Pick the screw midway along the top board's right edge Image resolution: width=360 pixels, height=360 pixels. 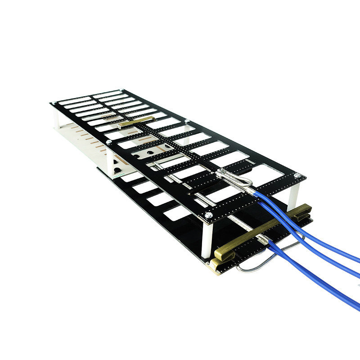coord(186,120)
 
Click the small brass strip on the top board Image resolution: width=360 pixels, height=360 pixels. coord(135,121)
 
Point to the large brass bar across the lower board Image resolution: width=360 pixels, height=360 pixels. coord(265,229)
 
